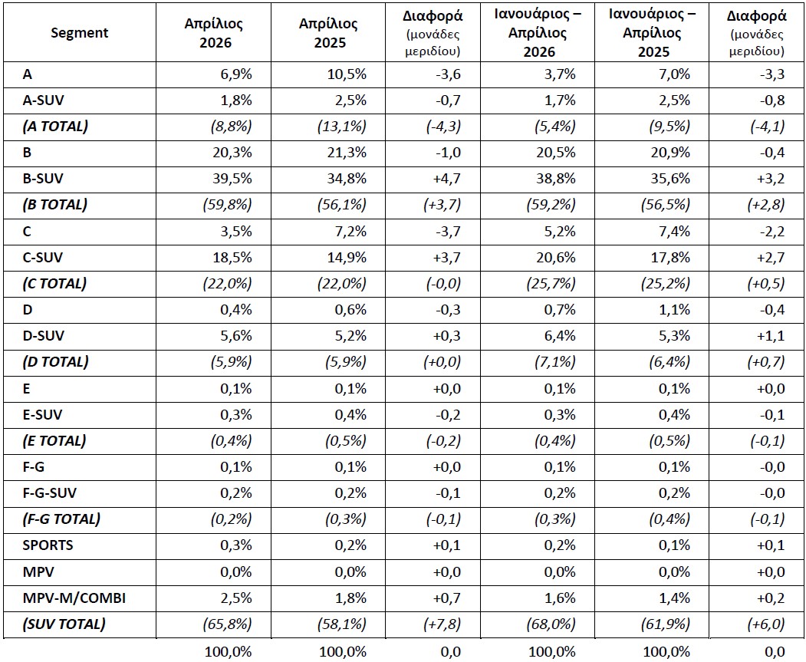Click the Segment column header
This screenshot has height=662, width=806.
(x=79, y=33)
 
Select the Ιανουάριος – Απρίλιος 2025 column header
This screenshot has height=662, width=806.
(x=652, y=33)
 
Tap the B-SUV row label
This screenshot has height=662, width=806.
(x=43, y=179)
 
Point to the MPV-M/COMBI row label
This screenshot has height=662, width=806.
(x=74, y=598)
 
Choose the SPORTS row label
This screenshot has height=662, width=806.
(x=48, y=545)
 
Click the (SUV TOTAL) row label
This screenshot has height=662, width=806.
(x=64, y=624)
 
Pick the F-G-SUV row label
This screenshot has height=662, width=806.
(x=49, y=493)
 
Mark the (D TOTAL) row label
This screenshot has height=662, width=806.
(x=55, y=362)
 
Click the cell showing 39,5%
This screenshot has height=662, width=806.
(x=232, y=179)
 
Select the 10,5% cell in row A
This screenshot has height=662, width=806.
(x=347, y=74)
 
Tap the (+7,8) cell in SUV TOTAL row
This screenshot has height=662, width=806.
(x=442, y=624)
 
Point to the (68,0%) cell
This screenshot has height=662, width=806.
(x=551, y=624)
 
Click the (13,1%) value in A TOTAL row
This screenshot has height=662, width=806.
(x=342, y=127)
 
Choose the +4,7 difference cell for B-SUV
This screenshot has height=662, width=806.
(x=446, y=179)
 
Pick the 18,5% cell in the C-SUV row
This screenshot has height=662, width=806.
(x=232, y=258)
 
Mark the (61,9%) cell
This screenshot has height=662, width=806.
(x=666, y=624)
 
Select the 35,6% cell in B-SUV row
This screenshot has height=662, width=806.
(x=670, y=179)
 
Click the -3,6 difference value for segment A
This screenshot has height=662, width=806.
(x=448, y=74)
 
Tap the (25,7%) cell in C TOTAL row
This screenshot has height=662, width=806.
(x=551, y=284)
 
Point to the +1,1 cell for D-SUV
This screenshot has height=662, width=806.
(x=771, y=336)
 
